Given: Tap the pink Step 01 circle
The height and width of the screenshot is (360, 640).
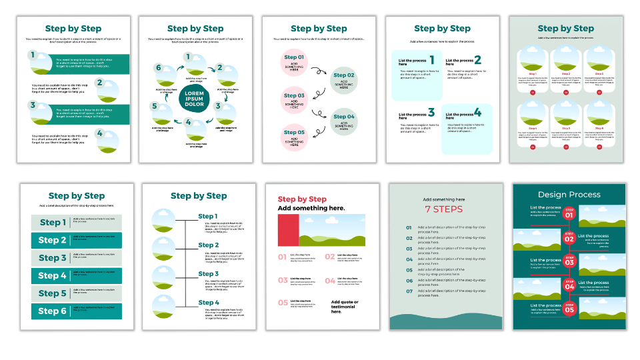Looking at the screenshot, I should point(294,62).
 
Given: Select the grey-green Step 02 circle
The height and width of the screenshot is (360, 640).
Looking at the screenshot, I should point(344,80).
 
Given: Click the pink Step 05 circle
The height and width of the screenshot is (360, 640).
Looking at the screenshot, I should point(294,137).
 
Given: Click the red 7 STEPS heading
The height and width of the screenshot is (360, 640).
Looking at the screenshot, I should point(443,209).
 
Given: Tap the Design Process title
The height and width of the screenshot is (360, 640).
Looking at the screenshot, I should point(569,195).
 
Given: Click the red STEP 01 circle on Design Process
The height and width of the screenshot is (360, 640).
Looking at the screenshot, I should point(569,214).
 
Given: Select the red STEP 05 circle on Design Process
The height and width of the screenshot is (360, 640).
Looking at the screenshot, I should point(569,309).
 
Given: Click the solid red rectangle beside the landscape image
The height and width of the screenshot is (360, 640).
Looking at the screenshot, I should point(288,230).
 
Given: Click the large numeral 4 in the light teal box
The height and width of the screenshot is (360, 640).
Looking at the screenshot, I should point(477,113).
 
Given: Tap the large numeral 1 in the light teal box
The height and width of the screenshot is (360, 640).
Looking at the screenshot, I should point(431,60).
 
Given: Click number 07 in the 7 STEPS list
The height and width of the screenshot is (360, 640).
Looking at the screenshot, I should point(409,291).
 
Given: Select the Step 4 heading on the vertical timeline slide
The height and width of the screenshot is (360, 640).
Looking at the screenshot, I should point(208,303).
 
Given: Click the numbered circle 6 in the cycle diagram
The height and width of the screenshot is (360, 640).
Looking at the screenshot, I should point(159,68).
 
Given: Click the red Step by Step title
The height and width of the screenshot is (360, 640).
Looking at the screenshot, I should point(302,199).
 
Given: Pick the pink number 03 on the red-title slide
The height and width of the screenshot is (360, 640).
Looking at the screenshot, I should point(283,281).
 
